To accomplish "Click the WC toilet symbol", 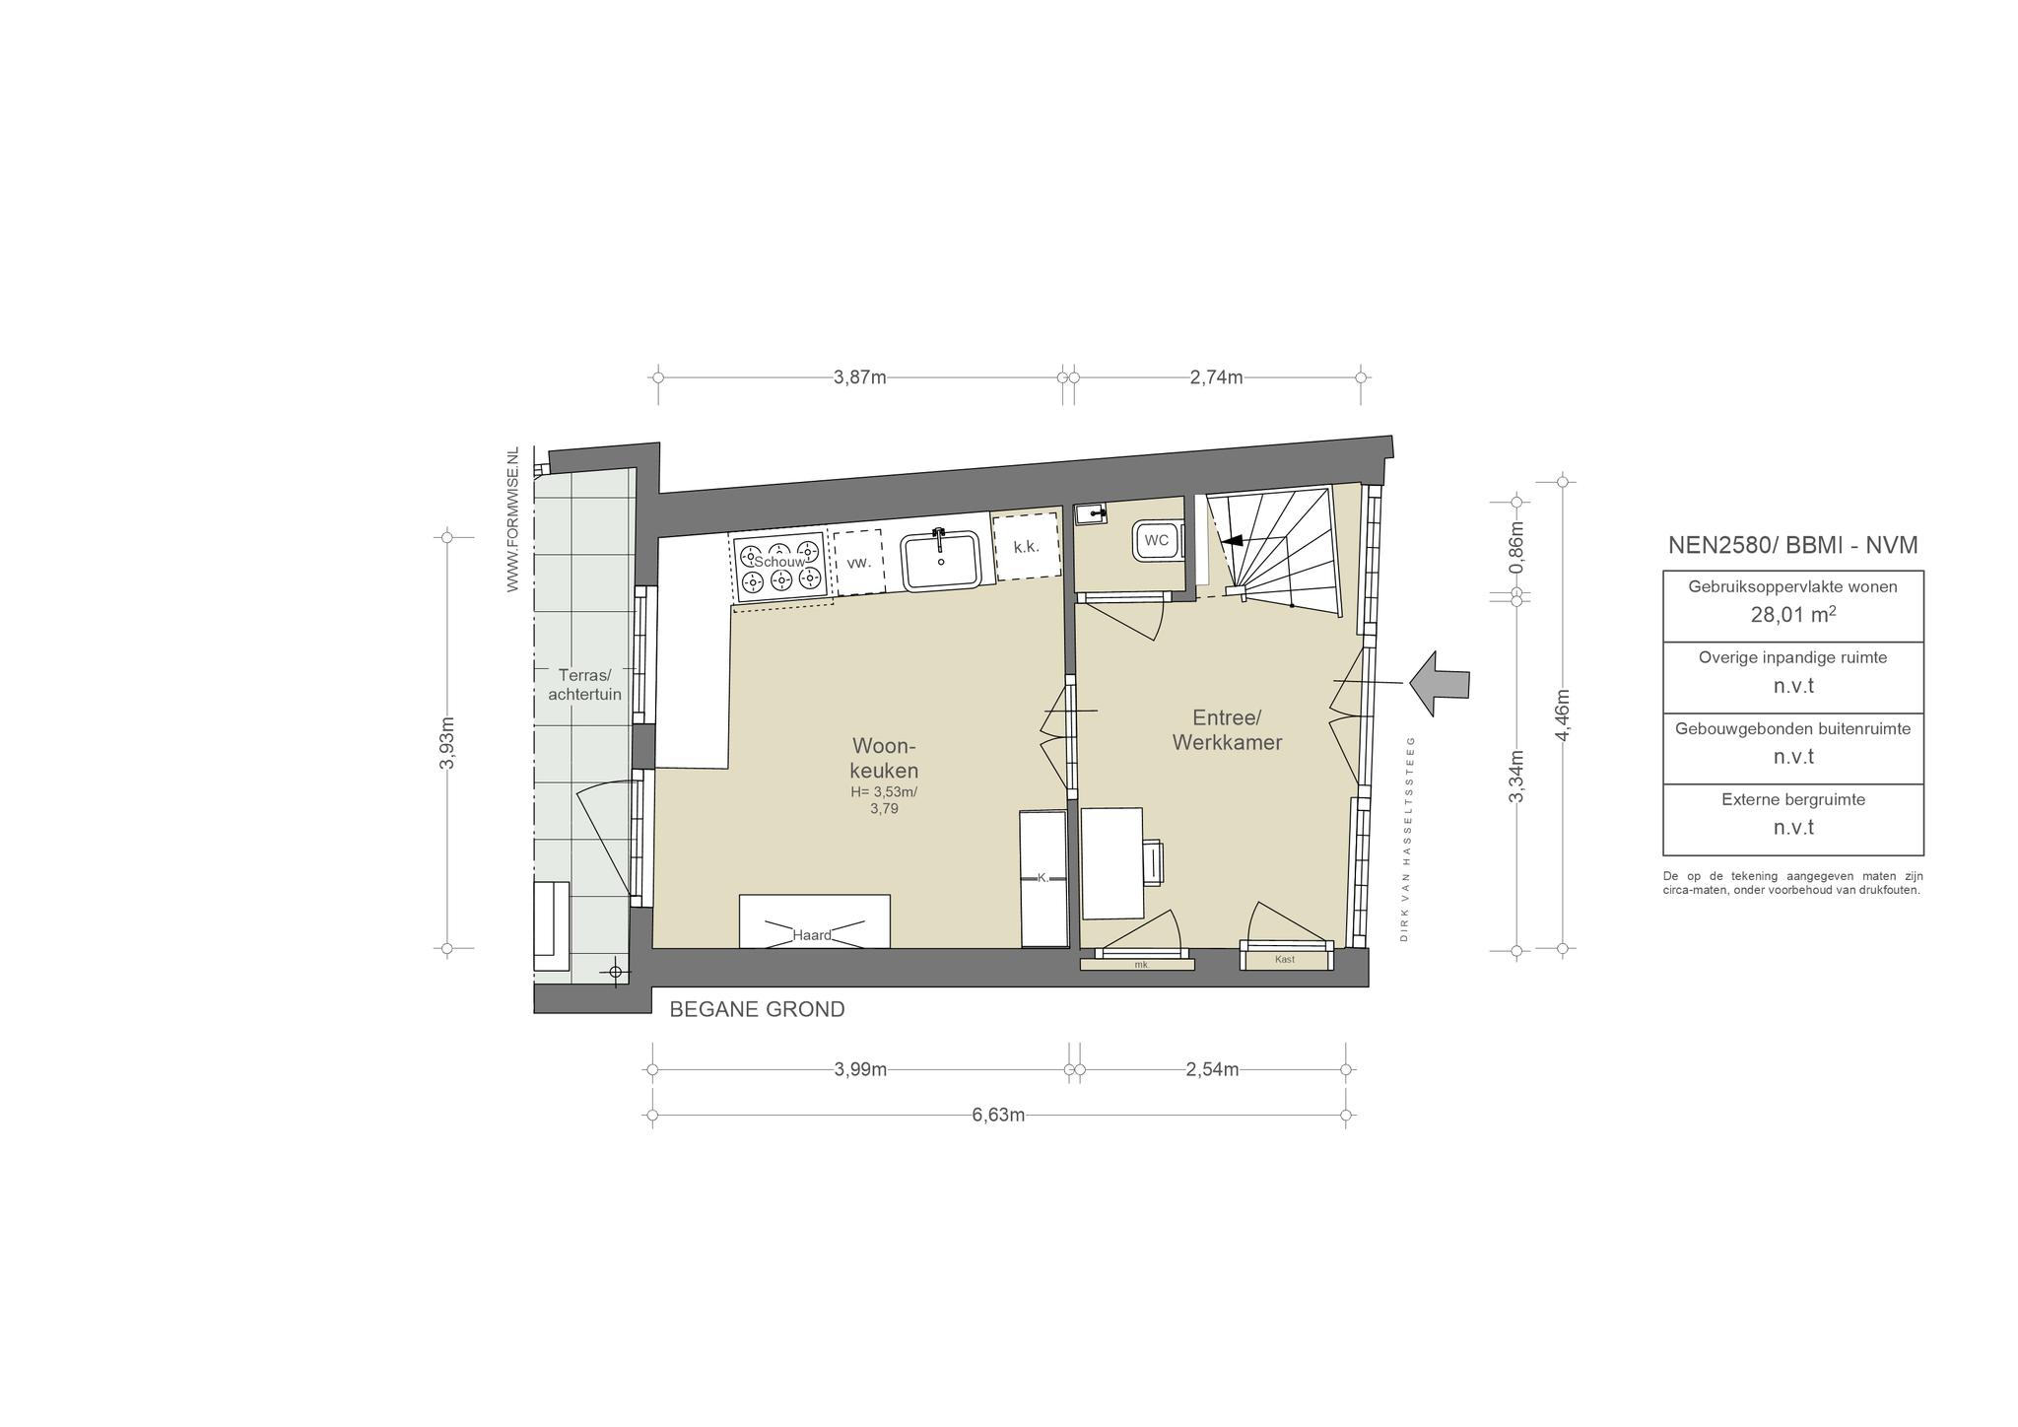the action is tap(1158, 541).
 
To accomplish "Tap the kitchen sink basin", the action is tap(942, 561).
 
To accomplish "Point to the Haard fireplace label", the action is tap(812, 935).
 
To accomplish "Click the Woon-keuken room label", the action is tap(884, 758).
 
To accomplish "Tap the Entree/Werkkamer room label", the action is tap(1227, 730).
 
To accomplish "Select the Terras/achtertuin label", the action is tap(584, 684).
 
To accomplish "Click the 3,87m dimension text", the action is tap(860, 377).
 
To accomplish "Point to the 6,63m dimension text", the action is tap(998, 1115).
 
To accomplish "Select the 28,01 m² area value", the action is tap(1793, 616).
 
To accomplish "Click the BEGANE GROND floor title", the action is tap(757, 1009).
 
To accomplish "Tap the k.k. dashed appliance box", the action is tap(1026, 546).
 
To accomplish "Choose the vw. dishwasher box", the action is tap(858, 563).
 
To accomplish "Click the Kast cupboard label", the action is tap(1284, 959).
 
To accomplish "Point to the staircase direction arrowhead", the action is tap(1231, 540).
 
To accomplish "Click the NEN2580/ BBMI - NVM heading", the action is tap(1792, 545).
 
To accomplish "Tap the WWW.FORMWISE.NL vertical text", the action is tap(512, 519).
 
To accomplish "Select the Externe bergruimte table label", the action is tap(1793, 799).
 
